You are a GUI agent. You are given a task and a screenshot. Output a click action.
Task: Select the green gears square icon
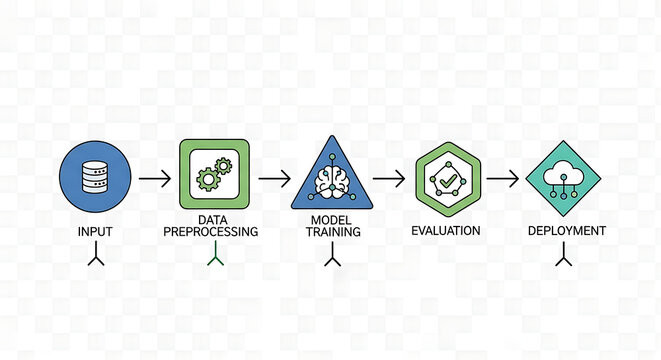[x=212, y=177]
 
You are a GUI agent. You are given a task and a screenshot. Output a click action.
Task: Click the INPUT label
[x=95, y=231]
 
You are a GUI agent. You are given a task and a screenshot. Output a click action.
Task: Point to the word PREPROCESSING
[x=211, y=231]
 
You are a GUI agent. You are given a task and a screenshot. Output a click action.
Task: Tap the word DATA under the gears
[x=211, y=219]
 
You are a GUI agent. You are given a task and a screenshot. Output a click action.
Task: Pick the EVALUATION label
[x=446, y=230]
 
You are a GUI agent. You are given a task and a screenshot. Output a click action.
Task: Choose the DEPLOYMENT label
[x=566, y=231]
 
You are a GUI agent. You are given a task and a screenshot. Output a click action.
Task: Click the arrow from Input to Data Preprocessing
[x=155, y=180]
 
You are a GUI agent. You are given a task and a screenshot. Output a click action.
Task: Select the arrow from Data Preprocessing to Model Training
[x=273, y=180]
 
